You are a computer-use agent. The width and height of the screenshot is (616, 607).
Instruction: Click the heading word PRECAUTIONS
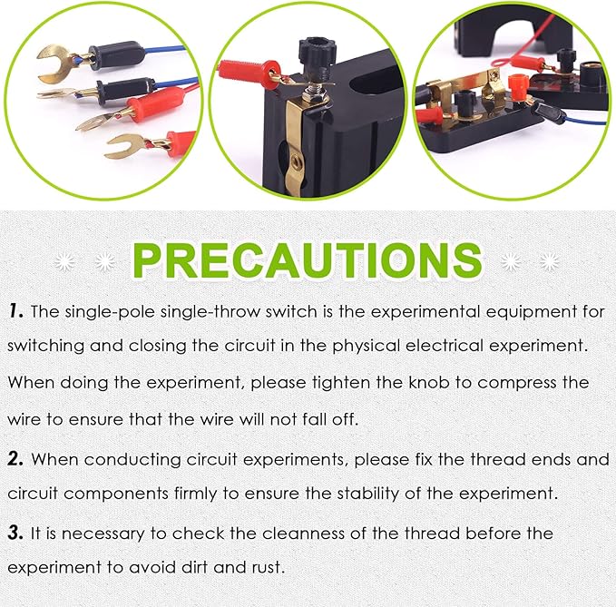[x=308, y=259]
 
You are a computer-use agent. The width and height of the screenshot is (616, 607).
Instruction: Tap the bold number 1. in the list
[x=15, y=311]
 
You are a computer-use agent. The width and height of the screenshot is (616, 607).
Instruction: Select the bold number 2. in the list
[x=15, y=459]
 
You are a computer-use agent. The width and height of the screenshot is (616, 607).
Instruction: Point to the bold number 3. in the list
[x=15, y=533]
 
